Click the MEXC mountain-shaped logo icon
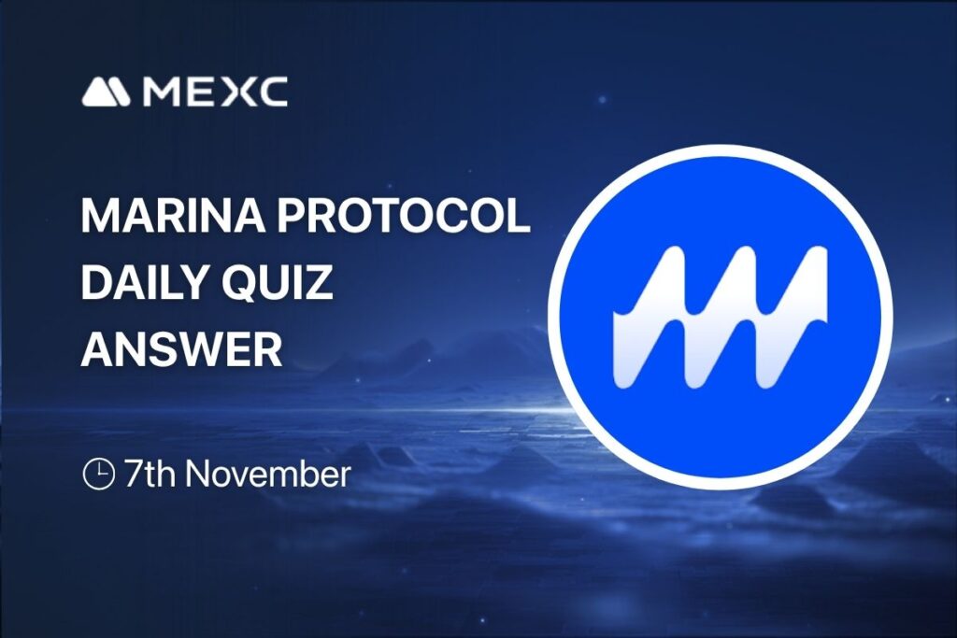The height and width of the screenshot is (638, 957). point(109,92)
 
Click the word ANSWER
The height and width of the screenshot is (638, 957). point(181,349)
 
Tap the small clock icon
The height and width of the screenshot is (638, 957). point(98,475)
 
